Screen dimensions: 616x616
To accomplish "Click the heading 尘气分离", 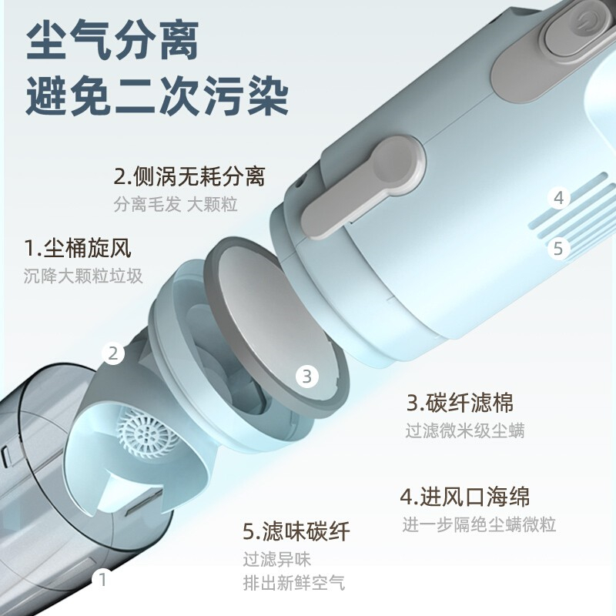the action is pos(112,42).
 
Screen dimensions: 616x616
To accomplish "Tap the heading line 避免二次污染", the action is pos(158,95).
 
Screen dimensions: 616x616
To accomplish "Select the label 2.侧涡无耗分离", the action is pos(189,176).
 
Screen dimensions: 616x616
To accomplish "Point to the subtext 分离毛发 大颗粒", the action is pos(176,204).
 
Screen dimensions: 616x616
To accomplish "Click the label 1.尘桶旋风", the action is pos(78,248).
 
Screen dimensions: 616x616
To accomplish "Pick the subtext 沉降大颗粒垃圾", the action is pos(83,276).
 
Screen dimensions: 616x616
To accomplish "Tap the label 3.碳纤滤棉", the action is pos(460,403).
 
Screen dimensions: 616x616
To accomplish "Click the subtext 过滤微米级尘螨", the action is pos(465,430).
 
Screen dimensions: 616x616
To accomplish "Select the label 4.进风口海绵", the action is pos(465,497).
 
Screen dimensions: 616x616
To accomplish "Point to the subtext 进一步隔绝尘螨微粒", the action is pos(479,524).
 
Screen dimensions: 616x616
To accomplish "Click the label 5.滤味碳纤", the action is pos(296,531).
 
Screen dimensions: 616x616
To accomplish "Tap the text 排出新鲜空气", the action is pos(294,583).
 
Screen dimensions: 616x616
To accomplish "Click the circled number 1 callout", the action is pos(102,579).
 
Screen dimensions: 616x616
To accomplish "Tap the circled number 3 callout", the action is pos(306,376).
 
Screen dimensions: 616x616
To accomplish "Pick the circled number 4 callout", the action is pos(559,198).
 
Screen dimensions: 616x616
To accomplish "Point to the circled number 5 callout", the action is pos(558,248).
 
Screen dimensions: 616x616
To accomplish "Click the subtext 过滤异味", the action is pos(276,560).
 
